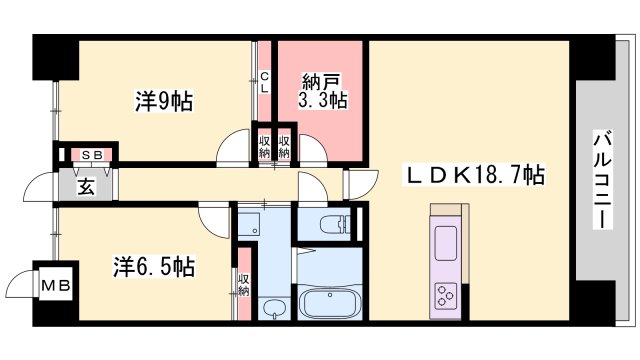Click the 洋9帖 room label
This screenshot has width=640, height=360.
(x=164, y=101)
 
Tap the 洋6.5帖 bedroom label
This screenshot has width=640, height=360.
(x=153, y=267)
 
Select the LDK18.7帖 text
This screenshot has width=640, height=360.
(x=475, y=176)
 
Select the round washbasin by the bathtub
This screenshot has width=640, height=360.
(x=273, y=306)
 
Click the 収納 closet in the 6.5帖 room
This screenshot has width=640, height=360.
(x=243, y=283)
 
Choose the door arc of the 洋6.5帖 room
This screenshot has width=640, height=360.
(x=213, y=215)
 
